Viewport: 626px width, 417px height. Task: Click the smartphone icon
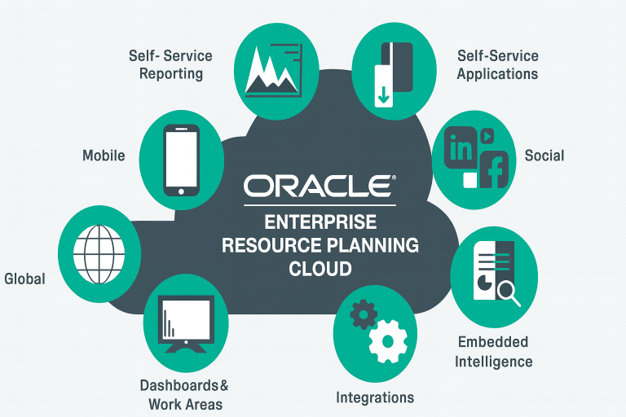pyautogui.click(x=181, y=160)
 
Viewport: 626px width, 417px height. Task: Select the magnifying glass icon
pyautogui.click(x=508, y=291)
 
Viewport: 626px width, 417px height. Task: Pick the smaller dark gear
pyautogui.click(x=363, y=314)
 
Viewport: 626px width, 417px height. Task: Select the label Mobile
pyautogui.click(x=104, y=155)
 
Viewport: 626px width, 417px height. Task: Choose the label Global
pyautogui.click(x=24, y=279)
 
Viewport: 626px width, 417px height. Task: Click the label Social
pyautogui.click(x=544, y=156)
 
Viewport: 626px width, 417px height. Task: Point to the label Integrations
pyautogui.click(x=375, y=397)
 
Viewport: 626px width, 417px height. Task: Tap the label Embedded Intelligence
pyautogui.click(x=493, y=352)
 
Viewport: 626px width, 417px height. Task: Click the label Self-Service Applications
pyautogui.click(x=497, y=65)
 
